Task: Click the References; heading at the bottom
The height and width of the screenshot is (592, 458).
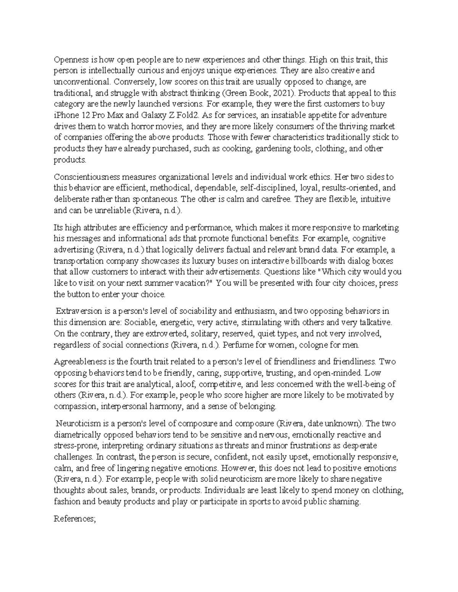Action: pos(74,518)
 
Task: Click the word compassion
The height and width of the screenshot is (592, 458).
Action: pos(76,406)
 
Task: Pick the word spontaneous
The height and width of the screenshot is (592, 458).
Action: pos(159,199)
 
